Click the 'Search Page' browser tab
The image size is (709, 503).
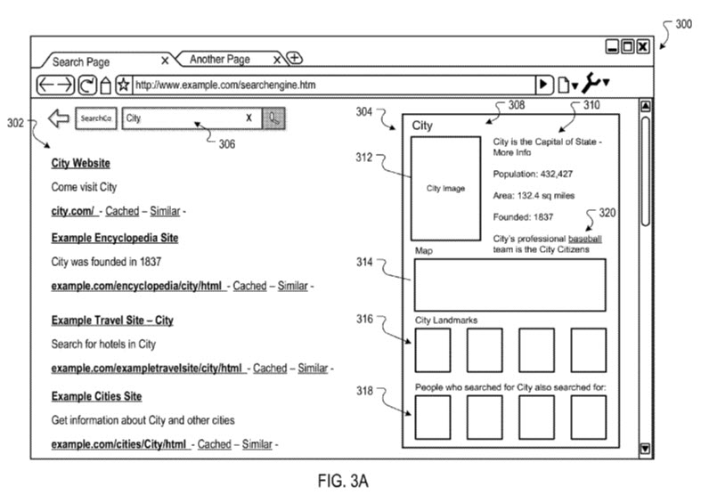[81, 62]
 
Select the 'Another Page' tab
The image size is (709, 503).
[220, 60]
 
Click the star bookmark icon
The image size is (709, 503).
[124, 85]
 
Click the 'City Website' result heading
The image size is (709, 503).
[80, 163]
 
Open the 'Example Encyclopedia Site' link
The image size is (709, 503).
[114, 238]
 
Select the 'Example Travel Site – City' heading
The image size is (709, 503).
[112, 320]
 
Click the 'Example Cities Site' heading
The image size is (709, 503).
[96, 396]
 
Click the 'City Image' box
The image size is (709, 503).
[445, 189]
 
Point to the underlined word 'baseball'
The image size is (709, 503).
[585, 239]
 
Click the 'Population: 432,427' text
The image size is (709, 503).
[533, 174]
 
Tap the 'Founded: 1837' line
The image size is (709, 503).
[524, 216]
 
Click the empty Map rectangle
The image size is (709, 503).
[508, 285]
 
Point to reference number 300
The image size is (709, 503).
[682, 24]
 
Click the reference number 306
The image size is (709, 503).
[227, 144]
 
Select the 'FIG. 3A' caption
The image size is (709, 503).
[342, 482]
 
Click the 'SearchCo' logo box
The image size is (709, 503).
[94, 118]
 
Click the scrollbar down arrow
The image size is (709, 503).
[646, 450]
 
